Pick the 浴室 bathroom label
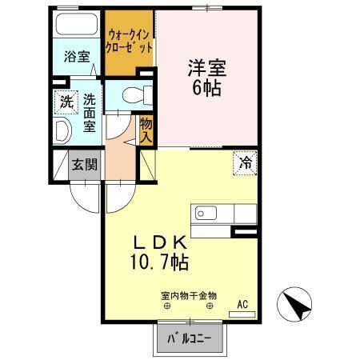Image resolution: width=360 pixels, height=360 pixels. click(76, 57)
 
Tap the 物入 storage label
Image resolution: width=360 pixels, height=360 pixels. click(146, 130)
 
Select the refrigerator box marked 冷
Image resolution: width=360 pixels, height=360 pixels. click(246, 162)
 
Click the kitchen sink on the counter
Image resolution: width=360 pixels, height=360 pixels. click(203, 214)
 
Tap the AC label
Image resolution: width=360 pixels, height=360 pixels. click(242, 304)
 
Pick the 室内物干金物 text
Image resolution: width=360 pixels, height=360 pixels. click(190, 295)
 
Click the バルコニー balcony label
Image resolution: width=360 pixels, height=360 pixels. click(189, 339)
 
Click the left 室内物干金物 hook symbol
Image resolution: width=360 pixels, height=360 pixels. click(168, 306)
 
